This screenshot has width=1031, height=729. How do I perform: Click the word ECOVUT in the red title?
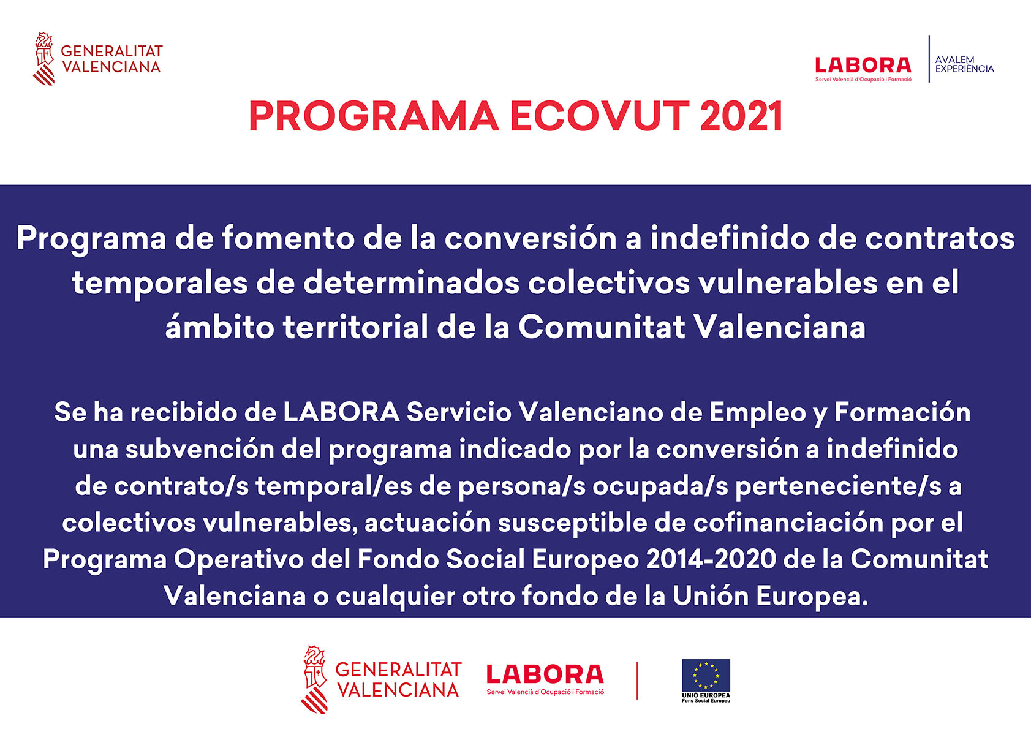[600, 116]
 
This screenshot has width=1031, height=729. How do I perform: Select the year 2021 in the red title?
[741, 116]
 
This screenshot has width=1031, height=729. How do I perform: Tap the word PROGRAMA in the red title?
[374, 116]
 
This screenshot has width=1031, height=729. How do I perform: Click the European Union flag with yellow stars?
[706, 675]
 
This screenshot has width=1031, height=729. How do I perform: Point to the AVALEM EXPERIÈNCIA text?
[964, 64]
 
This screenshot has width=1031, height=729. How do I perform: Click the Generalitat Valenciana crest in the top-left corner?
[44, 59]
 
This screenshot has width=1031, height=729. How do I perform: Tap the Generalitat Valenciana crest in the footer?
[314, 679]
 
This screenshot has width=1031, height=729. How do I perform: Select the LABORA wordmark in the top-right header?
[863, 66]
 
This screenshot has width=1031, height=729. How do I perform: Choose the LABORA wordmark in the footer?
[545, 674]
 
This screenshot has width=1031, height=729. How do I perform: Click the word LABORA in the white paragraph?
[341, 412]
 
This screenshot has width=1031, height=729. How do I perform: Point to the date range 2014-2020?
[711, 559]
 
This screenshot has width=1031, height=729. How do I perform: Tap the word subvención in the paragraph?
[200, 448]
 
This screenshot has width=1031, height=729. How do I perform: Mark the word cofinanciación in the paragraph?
[788, 523]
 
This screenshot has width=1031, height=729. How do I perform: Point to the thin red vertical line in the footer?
[637, 681]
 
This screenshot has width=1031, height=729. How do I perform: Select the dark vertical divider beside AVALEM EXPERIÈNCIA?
[929, 59]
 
